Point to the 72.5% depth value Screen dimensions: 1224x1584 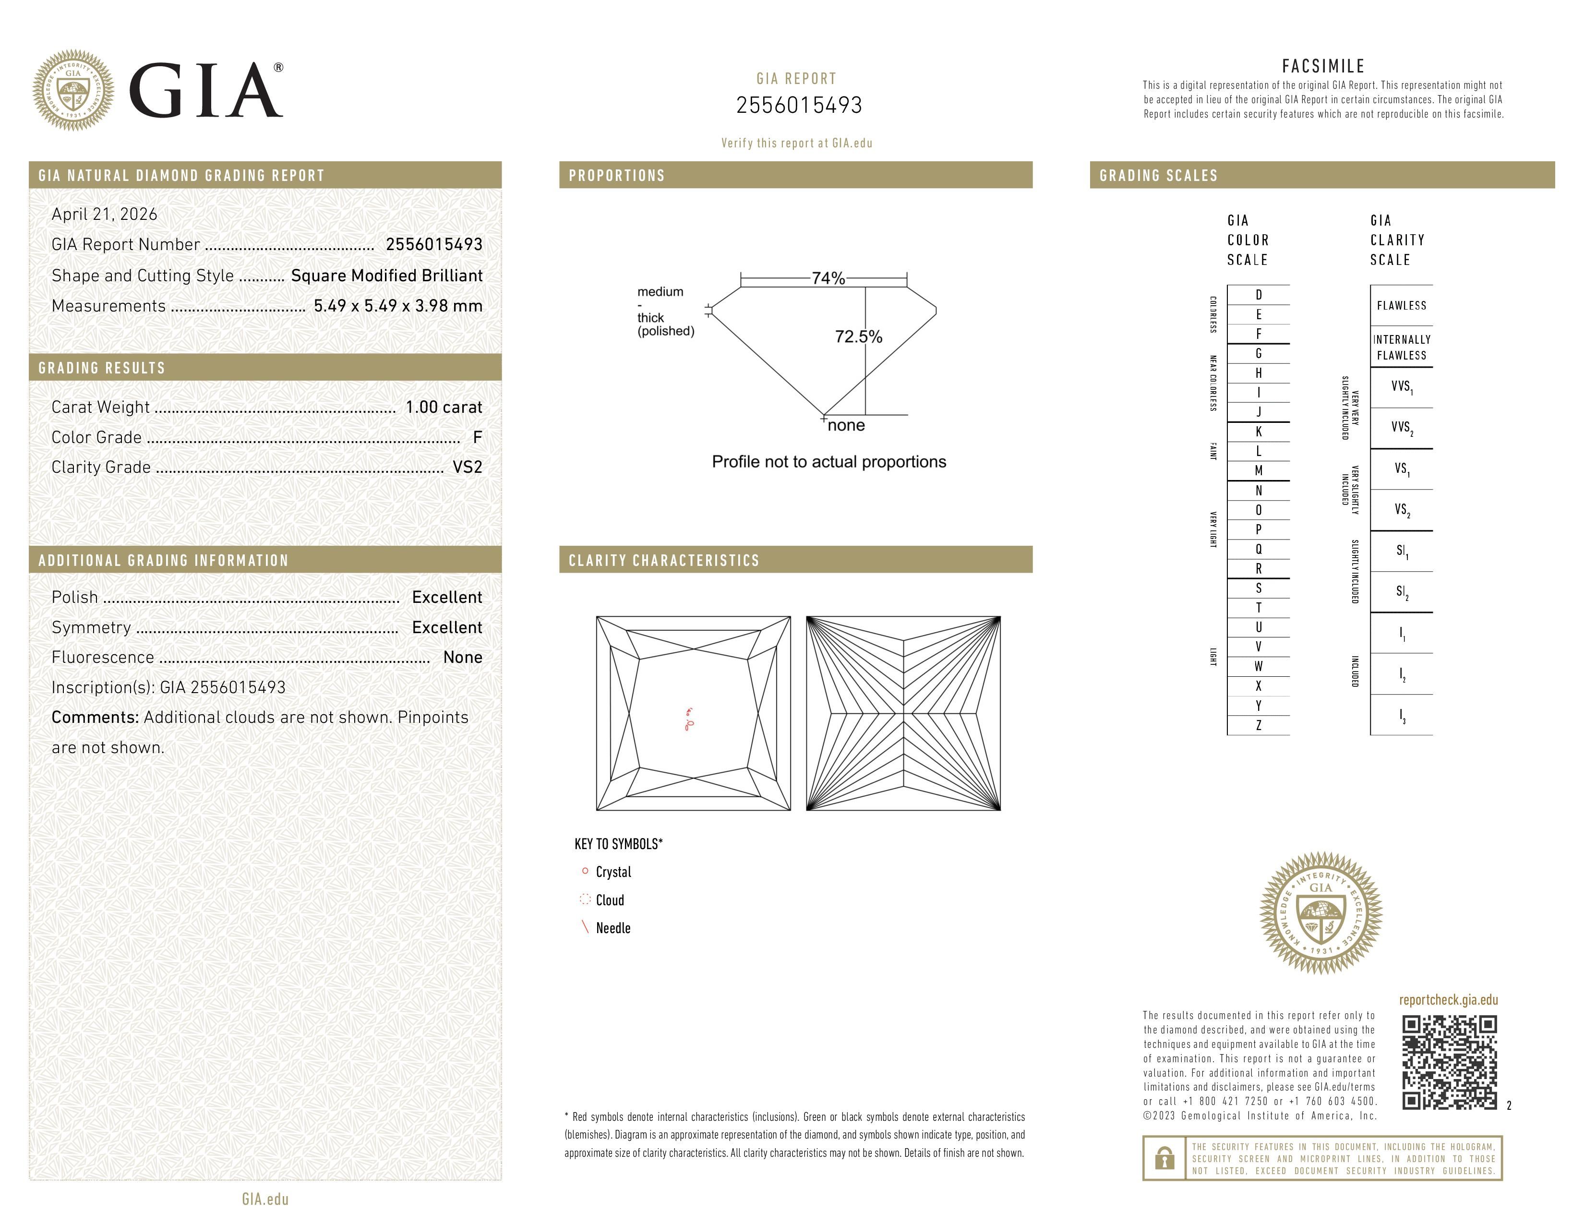pos(858,336)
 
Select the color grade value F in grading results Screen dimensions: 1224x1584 pos(477,437)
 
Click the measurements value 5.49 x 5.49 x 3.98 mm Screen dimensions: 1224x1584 pos(397,306)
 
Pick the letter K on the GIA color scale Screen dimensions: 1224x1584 pos(1259,432)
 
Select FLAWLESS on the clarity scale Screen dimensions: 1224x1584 pos(1401,305)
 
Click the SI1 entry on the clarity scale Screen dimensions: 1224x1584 pos(1401,551)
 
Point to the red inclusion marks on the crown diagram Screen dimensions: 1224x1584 pos(689,720)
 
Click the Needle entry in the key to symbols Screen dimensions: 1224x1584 pos(613,928)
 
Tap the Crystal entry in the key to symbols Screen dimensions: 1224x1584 pos(613,872)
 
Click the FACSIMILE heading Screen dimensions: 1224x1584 pos(1323,66)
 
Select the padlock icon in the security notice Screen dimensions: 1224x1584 pos(1164,1158)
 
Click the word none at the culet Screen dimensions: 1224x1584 pos(846,426)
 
